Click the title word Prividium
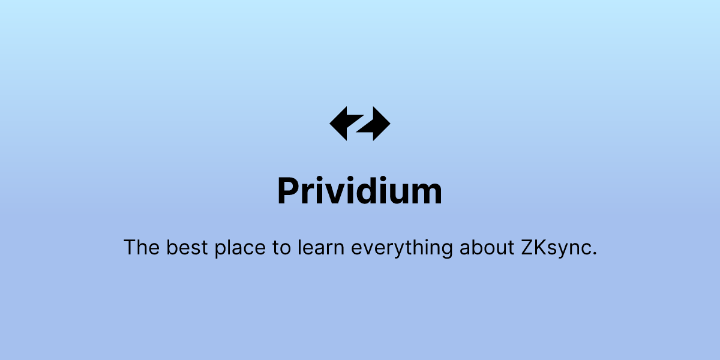(x=359, y=191)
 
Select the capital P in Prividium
(x=289, y=191)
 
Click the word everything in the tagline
(x=401, y=248)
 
